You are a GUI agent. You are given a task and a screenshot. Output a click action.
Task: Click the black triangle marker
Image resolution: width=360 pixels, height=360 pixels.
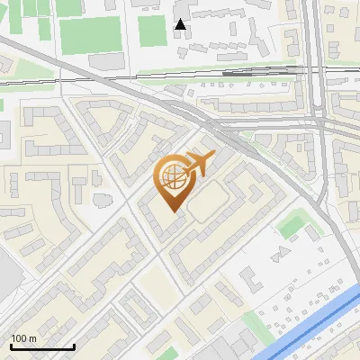(181, 24)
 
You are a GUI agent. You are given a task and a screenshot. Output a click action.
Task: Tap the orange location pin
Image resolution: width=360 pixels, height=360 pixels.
(174, 184)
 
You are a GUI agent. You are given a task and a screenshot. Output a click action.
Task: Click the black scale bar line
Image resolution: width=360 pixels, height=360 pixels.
(41, 346)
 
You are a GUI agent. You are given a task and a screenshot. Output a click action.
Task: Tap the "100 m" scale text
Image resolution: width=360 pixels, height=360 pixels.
(24, 338)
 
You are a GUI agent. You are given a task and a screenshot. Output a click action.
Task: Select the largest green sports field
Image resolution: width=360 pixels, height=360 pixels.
(90, 34)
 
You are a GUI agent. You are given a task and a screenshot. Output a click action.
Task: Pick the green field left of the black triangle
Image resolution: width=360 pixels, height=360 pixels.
(151, 31)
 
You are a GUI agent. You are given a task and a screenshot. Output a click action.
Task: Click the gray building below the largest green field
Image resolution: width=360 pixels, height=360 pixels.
(106, 61)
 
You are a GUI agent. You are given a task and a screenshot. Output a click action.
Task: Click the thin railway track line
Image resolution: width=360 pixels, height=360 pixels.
(90, 78)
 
